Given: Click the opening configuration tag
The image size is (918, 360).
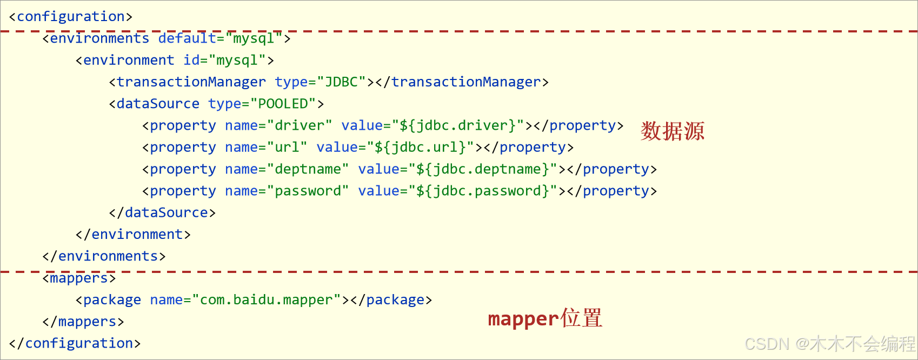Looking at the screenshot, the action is (71, 17).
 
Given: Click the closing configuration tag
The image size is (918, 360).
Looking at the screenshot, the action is (75, 343).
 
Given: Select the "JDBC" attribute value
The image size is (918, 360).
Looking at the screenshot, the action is (342, 82).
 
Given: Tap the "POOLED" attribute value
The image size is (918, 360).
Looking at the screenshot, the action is (283, 104).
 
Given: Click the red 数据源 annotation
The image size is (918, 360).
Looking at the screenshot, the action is (672, 131).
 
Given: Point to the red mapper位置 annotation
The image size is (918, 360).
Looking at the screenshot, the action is (544, 318).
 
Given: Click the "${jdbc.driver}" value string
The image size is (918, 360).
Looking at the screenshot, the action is (458, 126).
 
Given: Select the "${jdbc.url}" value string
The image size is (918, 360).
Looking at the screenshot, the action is (421, 148).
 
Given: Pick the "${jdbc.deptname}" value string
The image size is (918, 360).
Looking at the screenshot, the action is (483, 169).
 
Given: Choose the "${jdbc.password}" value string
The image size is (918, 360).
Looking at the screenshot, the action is (483, 191).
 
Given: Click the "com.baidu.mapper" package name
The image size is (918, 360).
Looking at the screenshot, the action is (267, 300).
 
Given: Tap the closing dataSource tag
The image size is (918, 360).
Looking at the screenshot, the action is (162, 213).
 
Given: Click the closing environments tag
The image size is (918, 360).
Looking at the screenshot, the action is (104, 256).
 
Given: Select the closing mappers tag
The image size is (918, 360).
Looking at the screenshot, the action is (83, 322).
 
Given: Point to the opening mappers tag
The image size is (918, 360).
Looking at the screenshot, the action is (79, 278).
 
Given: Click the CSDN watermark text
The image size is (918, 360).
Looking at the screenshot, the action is (829, 344).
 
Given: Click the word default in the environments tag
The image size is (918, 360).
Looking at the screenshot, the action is (187, 38).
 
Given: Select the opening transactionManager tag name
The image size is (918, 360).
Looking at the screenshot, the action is (191, 82).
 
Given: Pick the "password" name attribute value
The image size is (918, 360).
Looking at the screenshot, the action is (308, 191).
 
